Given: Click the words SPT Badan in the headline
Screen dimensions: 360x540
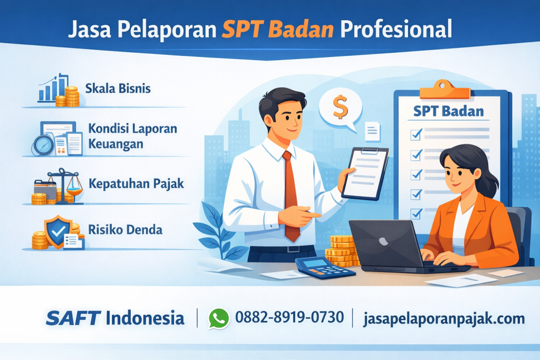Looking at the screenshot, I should tap(277, 28).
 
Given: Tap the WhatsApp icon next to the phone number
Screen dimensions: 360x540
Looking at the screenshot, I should tap(219, 318).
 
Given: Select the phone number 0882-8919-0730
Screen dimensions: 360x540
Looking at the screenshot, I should tap(290, 318).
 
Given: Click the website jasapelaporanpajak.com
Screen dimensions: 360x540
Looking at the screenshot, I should tap(444, 318).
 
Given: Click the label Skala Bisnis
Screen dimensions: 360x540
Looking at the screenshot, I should tap(118, 88).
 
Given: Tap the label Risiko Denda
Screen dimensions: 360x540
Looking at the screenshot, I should tap(125, 230).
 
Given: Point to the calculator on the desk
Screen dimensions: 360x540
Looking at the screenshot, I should tap(324, 268).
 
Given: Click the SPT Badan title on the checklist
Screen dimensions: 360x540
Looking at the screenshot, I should tap(449, 111).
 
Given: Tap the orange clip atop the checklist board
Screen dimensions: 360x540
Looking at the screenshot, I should tap(444, 89).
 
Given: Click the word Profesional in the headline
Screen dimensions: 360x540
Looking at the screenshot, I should tap(396, 28).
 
